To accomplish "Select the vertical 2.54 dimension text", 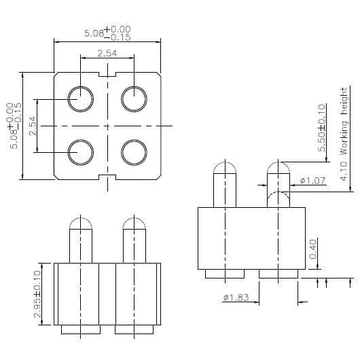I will pyautogui.click(x=33, y=126).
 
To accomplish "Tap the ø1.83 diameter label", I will pyautogui.click(x=235, y=298).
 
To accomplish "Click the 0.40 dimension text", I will pyautogui.click(x=313, y=249).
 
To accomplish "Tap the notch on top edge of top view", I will pyautogui.click(x=108, y=73).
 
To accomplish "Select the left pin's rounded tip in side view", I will pyautogui.click(x=225, y=168).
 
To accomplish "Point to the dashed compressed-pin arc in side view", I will pyautogui.click(x=277, y=198).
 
